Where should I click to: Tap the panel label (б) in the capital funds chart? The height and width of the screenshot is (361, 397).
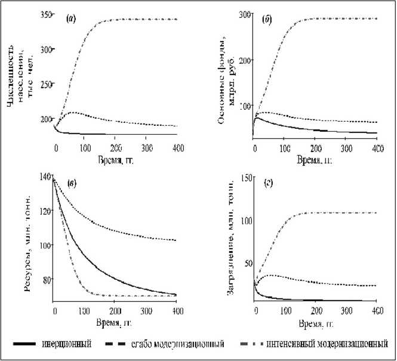pos(267,20)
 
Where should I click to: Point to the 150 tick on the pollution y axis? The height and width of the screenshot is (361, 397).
pos(244,178)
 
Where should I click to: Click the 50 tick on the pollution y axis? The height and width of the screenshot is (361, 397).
pos(245,263)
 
